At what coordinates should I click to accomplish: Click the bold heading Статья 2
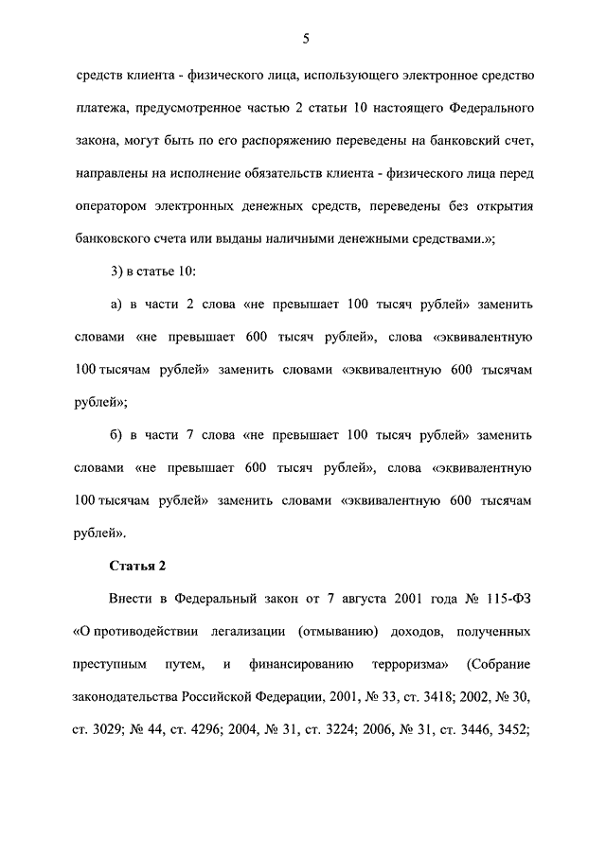click(x=137, y=566)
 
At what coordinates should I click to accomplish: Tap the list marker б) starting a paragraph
click(x=118, y=435)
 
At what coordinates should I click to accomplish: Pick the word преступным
click(x=109, y=664)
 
